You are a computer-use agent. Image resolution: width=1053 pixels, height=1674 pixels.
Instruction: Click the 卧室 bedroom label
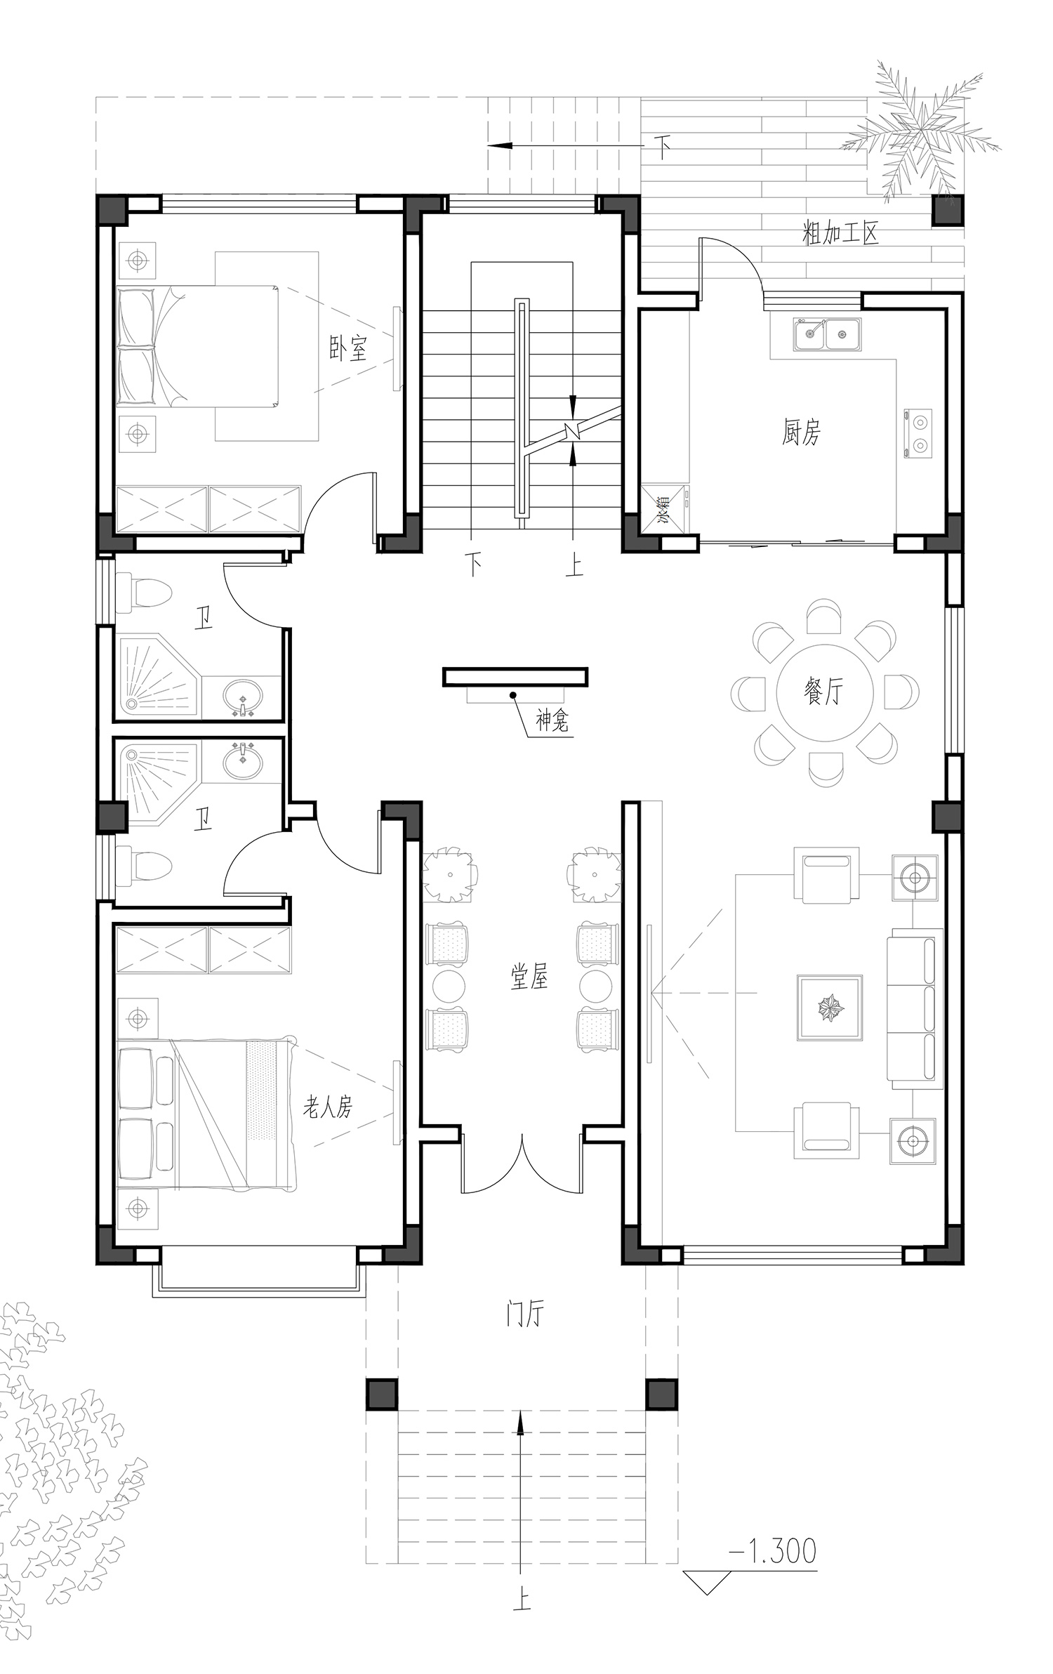click(348, 348)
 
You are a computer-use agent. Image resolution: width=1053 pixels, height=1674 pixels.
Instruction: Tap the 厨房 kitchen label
click(801, 432)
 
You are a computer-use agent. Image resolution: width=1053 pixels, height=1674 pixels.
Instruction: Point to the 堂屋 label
click(529, 977)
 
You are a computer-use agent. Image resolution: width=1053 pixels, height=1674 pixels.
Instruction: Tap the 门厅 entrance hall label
click(525, 1314)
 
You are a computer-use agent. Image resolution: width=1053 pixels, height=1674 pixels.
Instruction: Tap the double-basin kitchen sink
click(828, 334)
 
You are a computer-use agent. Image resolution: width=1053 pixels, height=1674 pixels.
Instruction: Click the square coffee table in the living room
click(830, 1008)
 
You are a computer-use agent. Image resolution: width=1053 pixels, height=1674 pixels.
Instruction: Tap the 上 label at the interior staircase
click(574, 565)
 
